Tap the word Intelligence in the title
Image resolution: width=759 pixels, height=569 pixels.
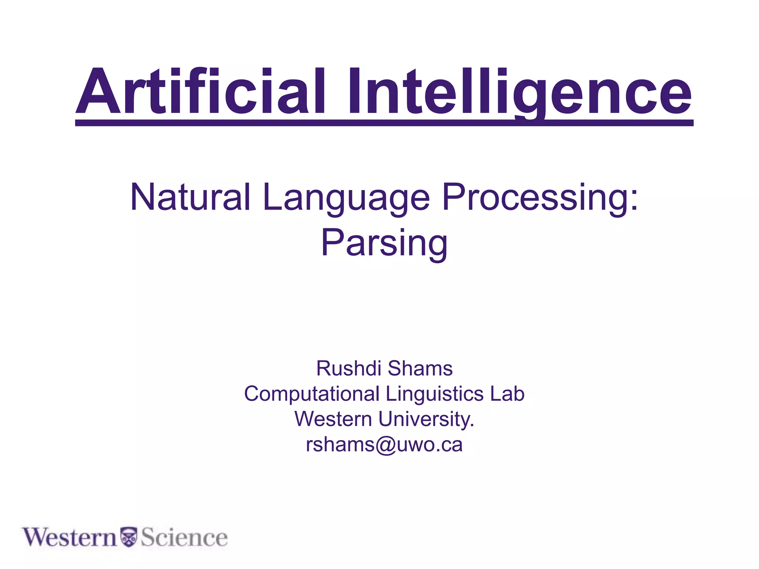coord(519,92)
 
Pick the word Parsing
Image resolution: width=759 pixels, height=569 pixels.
coord(384,243)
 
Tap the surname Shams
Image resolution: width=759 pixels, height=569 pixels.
coord(420,369)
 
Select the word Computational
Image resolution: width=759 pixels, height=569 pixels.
coord(312,394)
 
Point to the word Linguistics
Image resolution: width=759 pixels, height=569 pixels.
coord(434,394)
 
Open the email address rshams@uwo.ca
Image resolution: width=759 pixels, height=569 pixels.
coord(384,445)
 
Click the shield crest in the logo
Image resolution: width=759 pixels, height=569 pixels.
coord(129,537)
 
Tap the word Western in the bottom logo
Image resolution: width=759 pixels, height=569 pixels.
coord(70,538)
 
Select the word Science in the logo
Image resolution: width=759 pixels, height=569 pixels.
coord(184,538)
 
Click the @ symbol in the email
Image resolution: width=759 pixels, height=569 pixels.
coord(385,445)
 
